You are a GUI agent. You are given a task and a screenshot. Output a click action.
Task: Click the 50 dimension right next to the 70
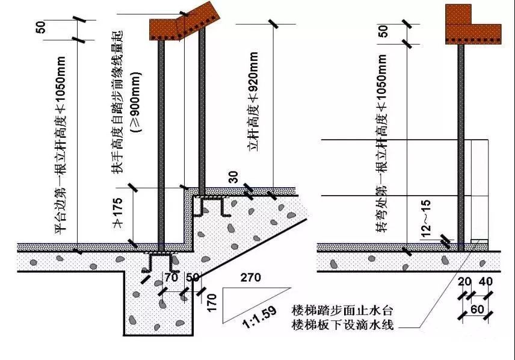(193, 278)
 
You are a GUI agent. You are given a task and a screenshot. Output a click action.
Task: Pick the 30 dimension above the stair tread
(233, 176)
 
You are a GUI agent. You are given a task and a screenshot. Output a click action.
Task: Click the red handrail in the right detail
(472, 25)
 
